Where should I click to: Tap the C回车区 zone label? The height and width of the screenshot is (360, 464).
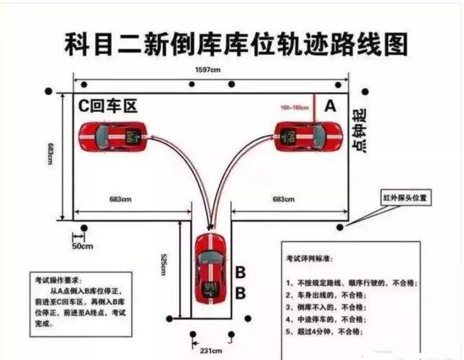(108, 106)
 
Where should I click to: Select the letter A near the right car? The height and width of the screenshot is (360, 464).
(330, 106)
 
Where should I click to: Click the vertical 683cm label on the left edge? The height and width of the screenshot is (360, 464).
(51, 153)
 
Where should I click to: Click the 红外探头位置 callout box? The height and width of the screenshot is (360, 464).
(408, 198)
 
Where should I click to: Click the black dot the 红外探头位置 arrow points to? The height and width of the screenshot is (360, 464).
(340, 227)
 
